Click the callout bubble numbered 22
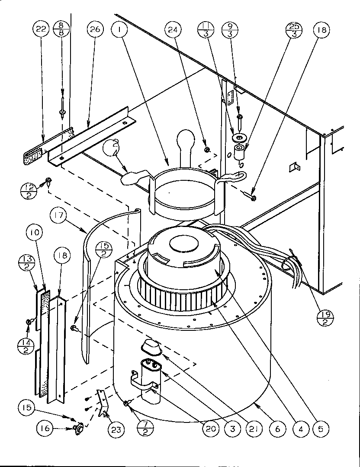[x=42, y=30]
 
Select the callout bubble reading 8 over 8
[x=62, y=30]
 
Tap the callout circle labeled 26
[x=95, y=30]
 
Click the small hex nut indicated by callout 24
[x=207, y=150]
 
